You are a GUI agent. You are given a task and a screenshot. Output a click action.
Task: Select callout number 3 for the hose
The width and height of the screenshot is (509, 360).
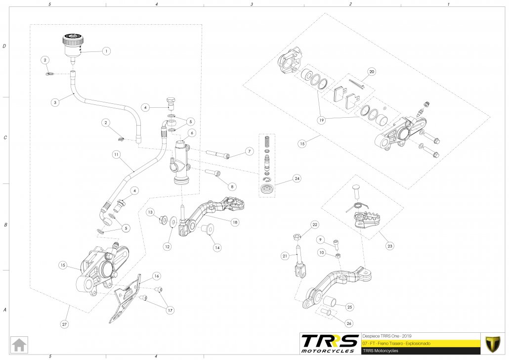[x=55, y=102]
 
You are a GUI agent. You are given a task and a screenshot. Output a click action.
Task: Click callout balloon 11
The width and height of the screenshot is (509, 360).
[x=116, y=154]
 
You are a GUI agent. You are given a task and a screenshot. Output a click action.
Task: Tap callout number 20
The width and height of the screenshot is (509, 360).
[x=372, y=72]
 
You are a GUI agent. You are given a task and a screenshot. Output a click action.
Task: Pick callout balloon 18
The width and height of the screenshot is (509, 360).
[x=234, y=223]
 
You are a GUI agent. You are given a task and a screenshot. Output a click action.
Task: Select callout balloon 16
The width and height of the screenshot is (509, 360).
[x=156, y=276]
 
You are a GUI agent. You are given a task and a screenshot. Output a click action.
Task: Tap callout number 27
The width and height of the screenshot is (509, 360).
[x=64, y=324]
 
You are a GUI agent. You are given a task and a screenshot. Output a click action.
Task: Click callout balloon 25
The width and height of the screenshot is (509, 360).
[x=349, y=307]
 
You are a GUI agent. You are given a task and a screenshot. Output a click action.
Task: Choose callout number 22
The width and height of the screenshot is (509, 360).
[x=314, y=225]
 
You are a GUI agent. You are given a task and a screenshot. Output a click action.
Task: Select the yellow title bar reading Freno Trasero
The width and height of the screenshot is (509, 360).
[x=420, y=343]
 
